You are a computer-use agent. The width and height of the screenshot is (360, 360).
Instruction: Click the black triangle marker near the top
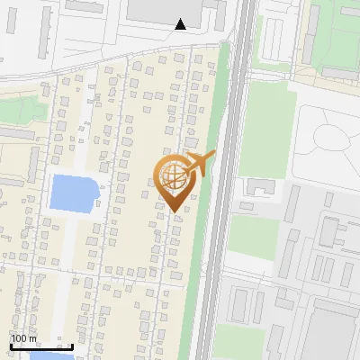point(180,24)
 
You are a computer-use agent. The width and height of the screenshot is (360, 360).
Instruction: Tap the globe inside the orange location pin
point(174,175)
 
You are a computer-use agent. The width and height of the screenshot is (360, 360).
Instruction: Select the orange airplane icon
point(199,164)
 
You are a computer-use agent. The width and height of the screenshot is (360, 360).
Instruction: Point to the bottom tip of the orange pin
point(175,211)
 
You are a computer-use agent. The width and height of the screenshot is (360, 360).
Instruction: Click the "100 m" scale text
point(24,339)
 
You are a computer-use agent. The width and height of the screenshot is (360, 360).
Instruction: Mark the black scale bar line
point(41,346)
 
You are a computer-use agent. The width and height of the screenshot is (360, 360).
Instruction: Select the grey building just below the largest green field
point(261,186)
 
